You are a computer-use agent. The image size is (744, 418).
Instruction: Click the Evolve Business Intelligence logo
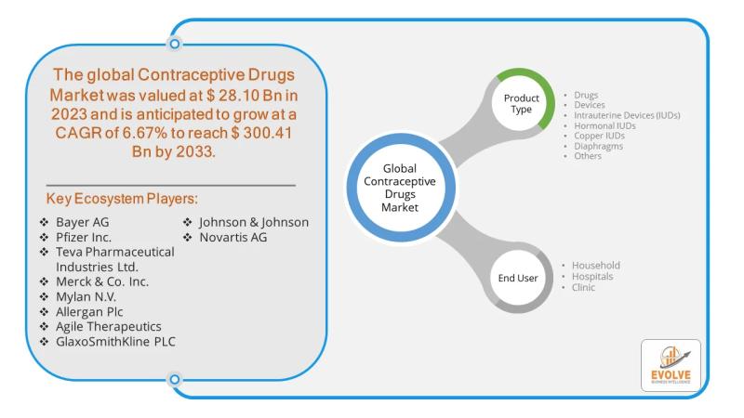pos(671,365)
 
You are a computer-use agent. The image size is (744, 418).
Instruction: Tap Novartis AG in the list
pos(239,237)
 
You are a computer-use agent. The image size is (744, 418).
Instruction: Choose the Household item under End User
pos(596,265)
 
